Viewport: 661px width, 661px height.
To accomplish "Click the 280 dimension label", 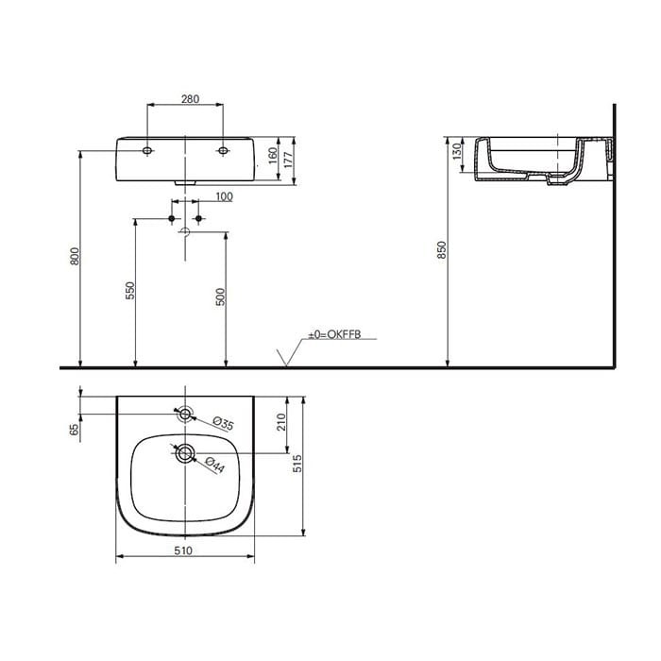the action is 190,99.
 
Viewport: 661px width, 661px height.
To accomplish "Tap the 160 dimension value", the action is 273,156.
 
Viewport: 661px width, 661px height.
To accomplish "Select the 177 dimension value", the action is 288,160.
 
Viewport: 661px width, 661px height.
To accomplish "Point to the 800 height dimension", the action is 75,256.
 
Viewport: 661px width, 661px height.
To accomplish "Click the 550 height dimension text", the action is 130,291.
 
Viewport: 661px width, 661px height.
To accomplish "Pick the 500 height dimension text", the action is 220,297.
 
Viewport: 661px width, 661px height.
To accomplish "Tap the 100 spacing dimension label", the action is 225,196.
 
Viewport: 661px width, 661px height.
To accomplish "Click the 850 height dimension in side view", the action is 441,250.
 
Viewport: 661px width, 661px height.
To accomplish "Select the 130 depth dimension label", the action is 456,152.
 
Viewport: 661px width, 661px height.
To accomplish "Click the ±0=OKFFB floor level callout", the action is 334,334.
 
